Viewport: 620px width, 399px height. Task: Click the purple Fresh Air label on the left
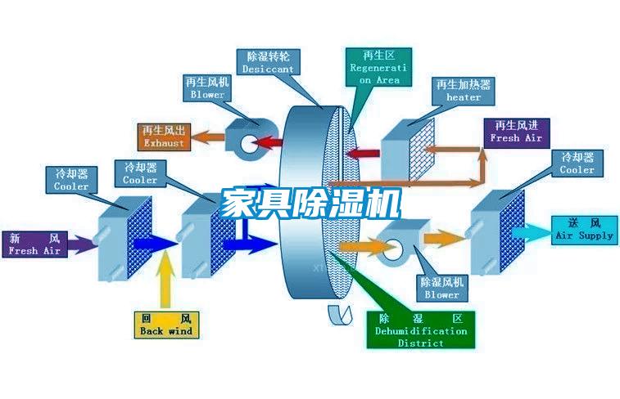pos(34,244)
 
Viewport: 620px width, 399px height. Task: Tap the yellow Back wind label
pos(165,324)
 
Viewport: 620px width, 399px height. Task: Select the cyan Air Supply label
pos(584,229)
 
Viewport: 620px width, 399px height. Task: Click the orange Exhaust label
pos(164,137)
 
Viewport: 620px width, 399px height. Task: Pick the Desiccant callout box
pos(268,63)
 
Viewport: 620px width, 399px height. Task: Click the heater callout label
pos(464,91)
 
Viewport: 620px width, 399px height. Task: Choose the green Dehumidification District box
pos(421,330)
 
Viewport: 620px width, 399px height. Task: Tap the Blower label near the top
pos(207,88)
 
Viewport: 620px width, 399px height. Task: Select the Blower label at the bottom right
pos(441,288)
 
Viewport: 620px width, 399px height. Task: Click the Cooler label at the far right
pos(577,163)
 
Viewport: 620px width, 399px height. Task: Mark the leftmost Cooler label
pos(71,180)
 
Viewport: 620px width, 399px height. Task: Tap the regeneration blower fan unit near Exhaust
pos(245,136)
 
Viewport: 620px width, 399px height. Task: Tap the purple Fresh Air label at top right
pos(516,132)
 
